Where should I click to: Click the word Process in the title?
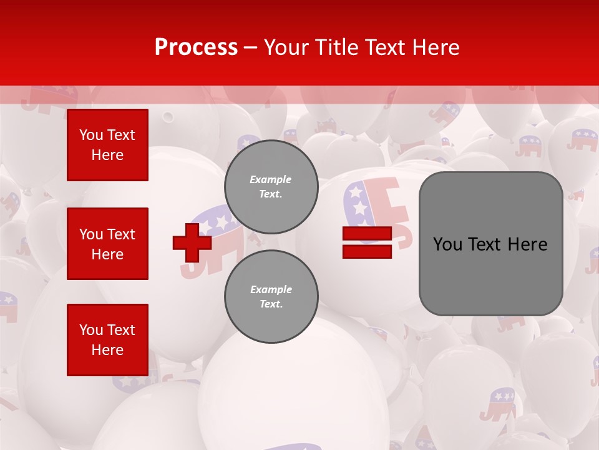196,47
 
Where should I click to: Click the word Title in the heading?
334,47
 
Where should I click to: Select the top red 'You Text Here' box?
107,145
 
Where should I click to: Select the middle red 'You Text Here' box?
107,244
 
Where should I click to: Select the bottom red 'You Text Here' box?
107,340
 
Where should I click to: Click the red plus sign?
192,242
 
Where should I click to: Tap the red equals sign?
367,242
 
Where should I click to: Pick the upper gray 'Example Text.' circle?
271,187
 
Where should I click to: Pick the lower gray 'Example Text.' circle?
271,297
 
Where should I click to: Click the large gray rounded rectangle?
490,244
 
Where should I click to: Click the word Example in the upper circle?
270,179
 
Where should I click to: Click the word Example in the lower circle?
271,289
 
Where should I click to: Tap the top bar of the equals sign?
367,234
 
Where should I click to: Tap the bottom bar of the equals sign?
367,251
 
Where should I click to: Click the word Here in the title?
436,47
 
